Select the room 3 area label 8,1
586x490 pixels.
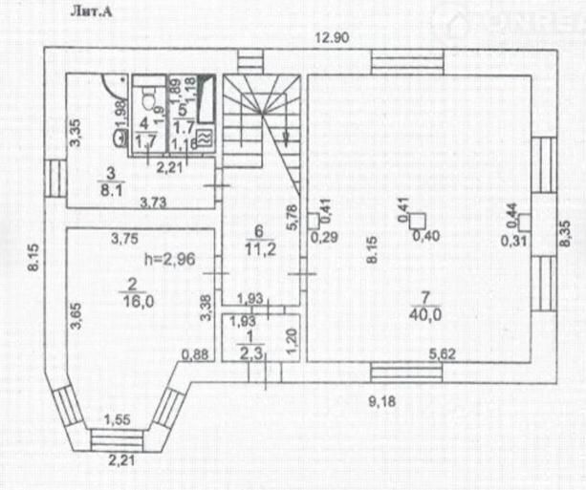[x=111, y=188]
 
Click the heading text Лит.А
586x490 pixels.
[x=91, y=12]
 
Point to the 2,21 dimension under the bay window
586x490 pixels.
[x=121, y=462]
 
